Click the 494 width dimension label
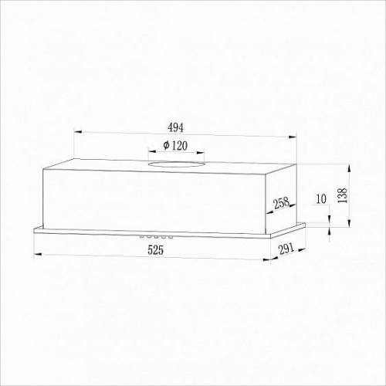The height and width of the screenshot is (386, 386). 175,127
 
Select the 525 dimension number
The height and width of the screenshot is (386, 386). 155,250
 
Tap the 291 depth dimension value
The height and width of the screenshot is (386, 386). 286,249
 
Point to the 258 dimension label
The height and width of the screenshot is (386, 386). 281,203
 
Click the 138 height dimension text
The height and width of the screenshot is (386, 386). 343,195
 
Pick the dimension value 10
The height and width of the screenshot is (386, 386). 321,199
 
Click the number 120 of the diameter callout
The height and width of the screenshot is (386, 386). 179,146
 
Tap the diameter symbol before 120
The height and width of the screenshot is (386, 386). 166,146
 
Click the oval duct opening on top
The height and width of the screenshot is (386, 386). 176,164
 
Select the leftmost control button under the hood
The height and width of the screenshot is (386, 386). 142,236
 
